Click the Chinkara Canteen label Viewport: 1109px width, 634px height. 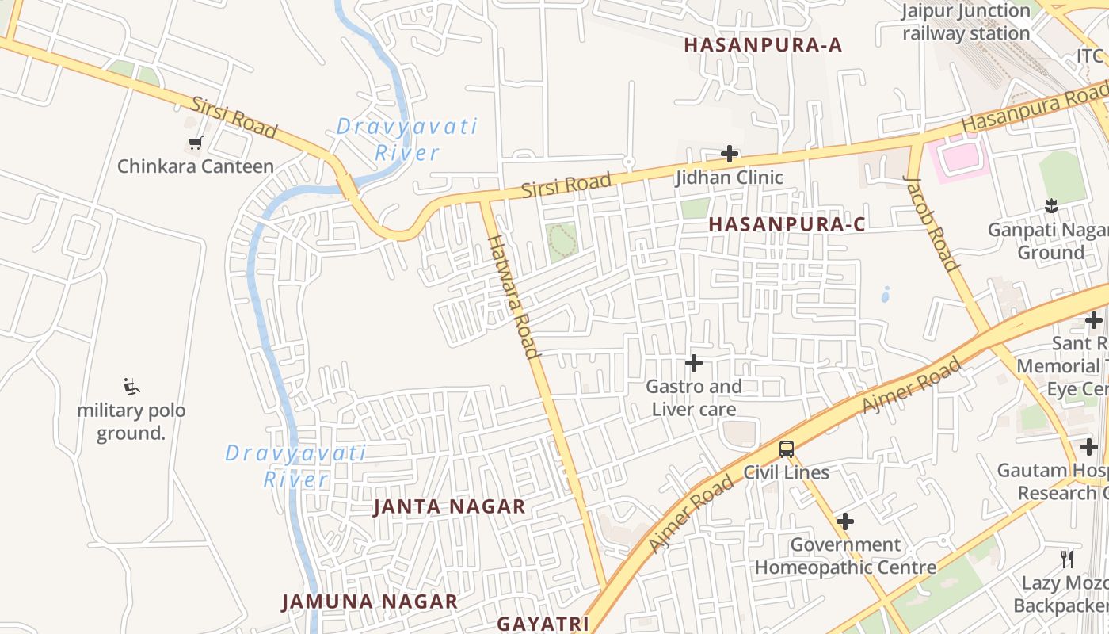pyautogui.click(x=195, y=166)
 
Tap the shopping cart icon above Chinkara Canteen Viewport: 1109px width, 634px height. pyautogui.click(x=195, y=143)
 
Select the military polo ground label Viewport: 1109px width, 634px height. pyautogui.click(x=131, y=422)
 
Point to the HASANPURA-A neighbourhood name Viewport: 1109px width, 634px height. pyautogui.click(x=763, y=45)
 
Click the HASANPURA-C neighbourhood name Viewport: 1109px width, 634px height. pyautogui.click(x=787, y=224)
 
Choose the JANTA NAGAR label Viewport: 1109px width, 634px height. pyautogui.click(x=449, y=506)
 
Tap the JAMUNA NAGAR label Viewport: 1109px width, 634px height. pyautogui.click(x=370, y=602)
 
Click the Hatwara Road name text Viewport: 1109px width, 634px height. pyautogui.click(x=512, y=296)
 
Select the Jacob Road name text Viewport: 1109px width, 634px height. pyautogui.click(x=932, y=223)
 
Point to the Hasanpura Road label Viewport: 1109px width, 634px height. pyautogui.click(x=1034, y=111)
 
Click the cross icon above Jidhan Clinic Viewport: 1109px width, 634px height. pyautogui.click(x=730, y=154)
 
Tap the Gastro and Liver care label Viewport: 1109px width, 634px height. pyautogui.click(x=694, y=398)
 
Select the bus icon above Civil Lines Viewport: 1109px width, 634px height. pyautogui.click(x=786, y=449)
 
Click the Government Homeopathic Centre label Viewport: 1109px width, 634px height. pyautogui.click(x=845, y=556)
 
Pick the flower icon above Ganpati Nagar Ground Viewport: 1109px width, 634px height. pyautogui.click(x=1051, y=207)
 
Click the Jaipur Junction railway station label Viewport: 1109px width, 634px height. pyautogui.click(x=966, y=22)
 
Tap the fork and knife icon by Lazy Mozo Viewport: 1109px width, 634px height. pyautogui.click(x=1067, y=560)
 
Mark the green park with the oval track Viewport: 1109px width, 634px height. pyautogui.click(x=562, y=241)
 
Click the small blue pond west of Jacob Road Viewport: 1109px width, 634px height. pyautogui.click(x=885, y=295)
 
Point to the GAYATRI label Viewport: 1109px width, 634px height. pyautogui.click(x=543, y=624)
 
